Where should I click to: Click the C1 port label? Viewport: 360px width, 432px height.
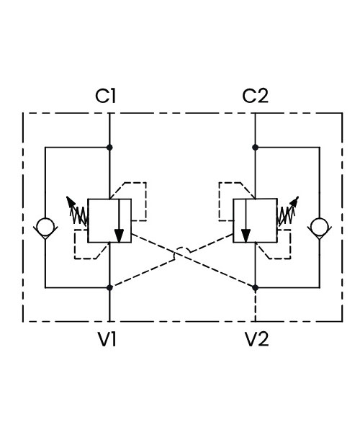(106, 96)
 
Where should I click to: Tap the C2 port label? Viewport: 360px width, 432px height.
(255, 96)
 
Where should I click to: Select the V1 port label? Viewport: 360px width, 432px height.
(107, 339)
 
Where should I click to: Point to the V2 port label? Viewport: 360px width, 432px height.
(257, 339)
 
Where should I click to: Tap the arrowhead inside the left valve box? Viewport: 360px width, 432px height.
(119, 236)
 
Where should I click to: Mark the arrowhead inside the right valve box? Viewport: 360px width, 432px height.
(246, 236)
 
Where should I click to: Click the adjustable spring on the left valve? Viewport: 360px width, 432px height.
(78, 212)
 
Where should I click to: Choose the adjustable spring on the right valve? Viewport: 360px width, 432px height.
(288, 212)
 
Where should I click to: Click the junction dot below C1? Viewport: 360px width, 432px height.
(109, 148)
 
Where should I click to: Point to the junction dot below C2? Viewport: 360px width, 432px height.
(256, 148)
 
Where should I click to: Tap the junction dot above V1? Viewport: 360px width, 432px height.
(109, 287)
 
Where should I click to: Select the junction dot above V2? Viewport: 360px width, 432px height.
(256, 287)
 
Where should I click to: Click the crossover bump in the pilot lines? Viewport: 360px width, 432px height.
(182, 248)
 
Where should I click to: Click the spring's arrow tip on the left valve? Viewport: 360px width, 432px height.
(68, 197)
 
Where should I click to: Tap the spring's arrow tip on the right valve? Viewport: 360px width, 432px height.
(297, 197)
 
